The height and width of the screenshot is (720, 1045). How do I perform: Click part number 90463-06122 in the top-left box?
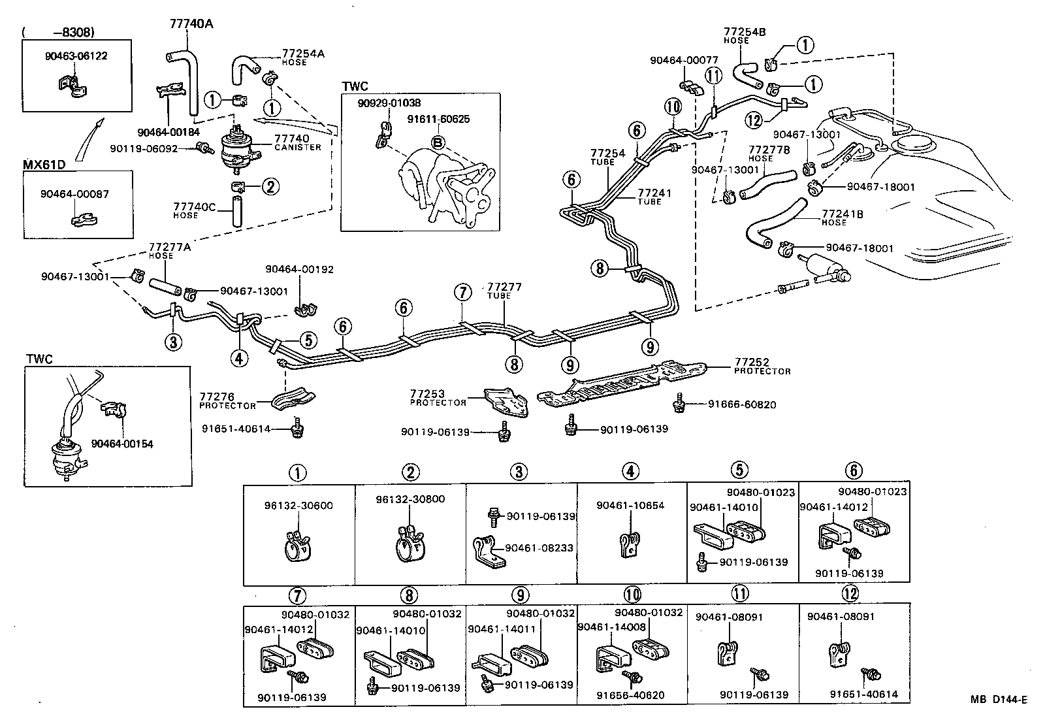pyautogui.click(x=76, y=56)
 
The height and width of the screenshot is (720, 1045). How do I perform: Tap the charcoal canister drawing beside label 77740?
pyautogui.click(x=236, y=149)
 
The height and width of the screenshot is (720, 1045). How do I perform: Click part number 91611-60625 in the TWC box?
pyautogui.click(x=438, y=119)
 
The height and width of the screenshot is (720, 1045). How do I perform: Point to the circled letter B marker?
pyautogui.click(x=438, y=142)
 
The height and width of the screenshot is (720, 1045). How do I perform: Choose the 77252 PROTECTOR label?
pyautogui.click(x=762, y=366)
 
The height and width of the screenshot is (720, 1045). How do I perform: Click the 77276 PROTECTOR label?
pyautogui.click(x=227, y=401)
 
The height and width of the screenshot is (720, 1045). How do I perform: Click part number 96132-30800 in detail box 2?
pyautogui.click(x=410, y=499)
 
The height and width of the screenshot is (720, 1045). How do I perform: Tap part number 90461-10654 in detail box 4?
pyautogui.click(x=630, y=505)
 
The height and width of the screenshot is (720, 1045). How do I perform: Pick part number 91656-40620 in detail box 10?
pyautogui.click(x=631, y=695)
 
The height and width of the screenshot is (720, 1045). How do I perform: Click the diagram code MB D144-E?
pyautogui.click(x=998, y=700)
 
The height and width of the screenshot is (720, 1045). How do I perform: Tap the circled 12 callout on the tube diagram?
pyautogui.click(x=754, y=120)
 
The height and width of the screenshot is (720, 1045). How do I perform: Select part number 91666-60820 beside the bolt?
pyautogui.click(x=742, y=404)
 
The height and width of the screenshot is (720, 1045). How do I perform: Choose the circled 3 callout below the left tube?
pyautogui.click(x=173, y=342)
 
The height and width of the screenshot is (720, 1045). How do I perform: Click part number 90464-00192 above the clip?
pyautogui.click(x=299, y=269)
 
